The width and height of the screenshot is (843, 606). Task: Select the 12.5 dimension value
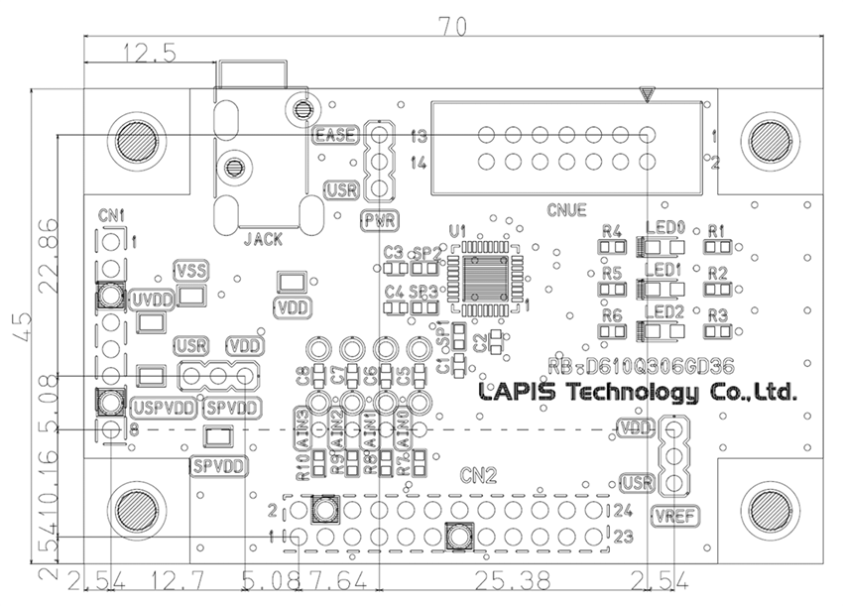click(149, 55)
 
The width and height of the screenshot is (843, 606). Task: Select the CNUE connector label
click(566, 210)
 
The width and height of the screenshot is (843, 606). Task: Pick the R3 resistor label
click(718, 315)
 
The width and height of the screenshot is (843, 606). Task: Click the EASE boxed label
click(334, 136)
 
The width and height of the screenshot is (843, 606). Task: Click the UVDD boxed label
click(151, 299)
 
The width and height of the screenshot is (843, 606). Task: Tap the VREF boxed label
click(671, 515)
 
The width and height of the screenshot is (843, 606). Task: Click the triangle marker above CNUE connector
click(648, 95)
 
